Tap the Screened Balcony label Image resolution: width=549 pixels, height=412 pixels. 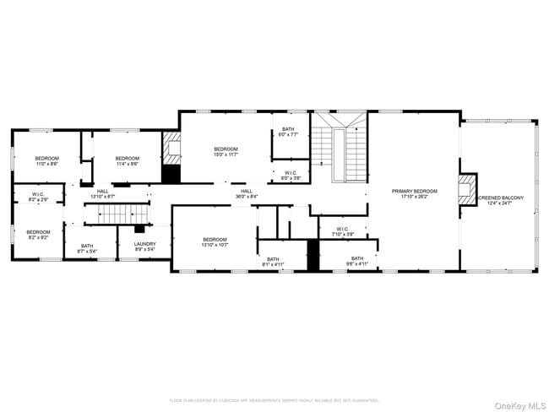(501, 200)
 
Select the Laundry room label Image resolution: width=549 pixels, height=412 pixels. (145, 248)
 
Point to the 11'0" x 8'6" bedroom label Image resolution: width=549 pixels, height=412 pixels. (46, 161)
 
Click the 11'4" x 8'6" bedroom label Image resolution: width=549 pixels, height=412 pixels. (127, 161)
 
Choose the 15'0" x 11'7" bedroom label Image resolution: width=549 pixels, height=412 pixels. (226, 152)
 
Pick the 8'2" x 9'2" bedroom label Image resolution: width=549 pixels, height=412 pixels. (38, 235)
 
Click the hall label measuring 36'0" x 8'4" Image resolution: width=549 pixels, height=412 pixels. (247, 193)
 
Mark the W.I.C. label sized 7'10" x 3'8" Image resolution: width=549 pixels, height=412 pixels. (342, 230)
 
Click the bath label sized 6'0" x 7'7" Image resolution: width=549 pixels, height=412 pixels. (288, 132)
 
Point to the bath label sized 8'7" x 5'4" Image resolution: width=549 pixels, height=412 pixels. (87, 248)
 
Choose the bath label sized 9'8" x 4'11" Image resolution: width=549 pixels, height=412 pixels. (357, 261)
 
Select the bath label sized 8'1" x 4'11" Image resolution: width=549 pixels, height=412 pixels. (273, 262)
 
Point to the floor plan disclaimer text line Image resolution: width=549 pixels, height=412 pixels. (274, 400)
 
